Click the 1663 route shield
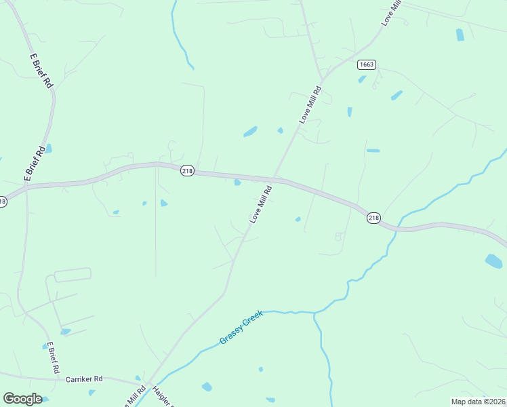pyautogui.click(x=367, y=64)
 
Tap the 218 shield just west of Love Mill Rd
pyautogui.click(x=187, y=171)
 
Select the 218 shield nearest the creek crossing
pyautogui.click(x=373, y=218)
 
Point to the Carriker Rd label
pyautogui.click(x=83, y=379)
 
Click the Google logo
pyautogui.click(x=22, y=398)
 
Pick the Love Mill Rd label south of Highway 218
pyautogui.click(x=260, y=205)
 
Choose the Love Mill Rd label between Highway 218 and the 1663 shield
pyautogui.click(x=310, y=105)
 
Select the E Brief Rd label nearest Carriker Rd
pyautogui.click(x=51, y=358)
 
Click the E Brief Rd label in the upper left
pyautogui.click(x=41, y=71)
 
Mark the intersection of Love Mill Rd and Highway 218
pyautogui.click(x=274, y=178)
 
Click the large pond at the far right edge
pyautogui.click(x=494, y=261)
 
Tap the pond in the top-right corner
pyautogui.click(x=460, y=35)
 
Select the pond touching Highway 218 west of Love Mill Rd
pyautogui.click(x=237, y=182)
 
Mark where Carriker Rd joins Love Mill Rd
pyautogui.click(x=144, y=385)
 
